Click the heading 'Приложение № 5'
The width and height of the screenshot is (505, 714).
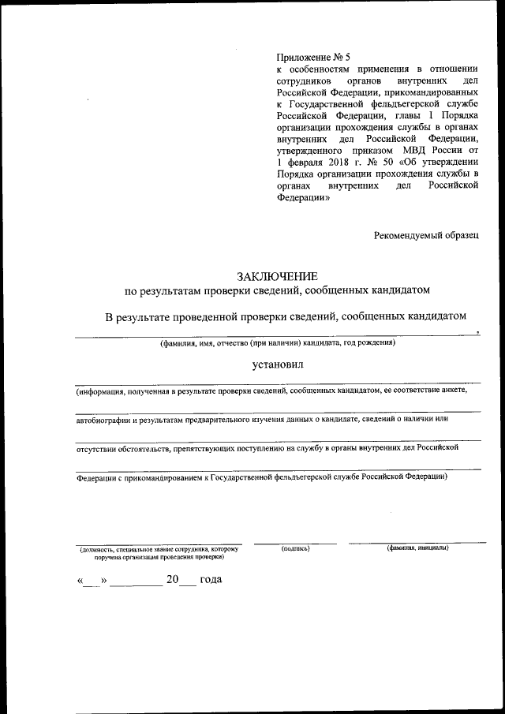[312, 57]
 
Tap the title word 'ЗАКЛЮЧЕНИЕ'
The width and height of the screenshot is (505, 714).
[277, 276]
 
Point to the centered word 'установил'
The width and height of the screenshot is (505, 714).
[277, 364]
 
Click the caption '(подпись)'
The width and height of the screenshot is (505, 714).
[295, 548]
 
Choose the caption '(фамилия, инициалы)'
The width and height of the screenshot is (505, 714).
[417, 548]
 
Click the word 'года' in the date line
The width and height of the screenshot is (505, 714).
[211, 580]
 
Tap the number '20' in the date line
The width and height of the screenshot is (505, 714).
[173, 580]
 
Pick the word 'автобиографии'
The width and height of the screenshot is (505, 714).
[103, 419]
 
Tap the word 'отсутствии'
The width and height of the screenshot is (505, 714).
[95, 448]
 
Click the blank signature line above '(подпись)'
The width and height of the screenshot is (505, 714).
[295, 543]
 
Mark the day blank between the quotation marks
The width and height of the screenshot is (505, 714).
[92, 581]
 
